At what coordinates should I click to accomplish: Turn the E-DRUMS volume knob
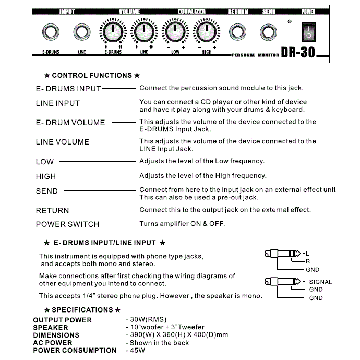coord(112,33)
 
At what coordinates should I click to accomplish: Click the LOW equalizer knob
coord(175,33)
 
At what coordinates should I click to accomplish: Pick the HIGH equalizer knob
coord(206,33)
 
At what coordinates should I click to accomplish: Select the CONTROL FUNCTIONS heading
coord(92,76)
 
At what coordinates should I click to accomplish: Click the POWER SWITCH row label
coord(67,224)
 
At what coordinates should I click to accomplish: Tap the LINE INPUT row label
coord(57,103)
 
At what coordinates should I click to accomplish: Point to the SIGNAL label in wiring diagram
coord(320,282)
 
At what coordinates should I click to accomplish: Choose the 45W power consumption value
coord(137,351)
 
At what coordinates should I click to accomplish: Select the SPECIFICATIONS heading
coord(82,310)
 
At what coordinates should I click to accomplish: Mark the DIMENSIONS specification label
coord(56,335)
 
